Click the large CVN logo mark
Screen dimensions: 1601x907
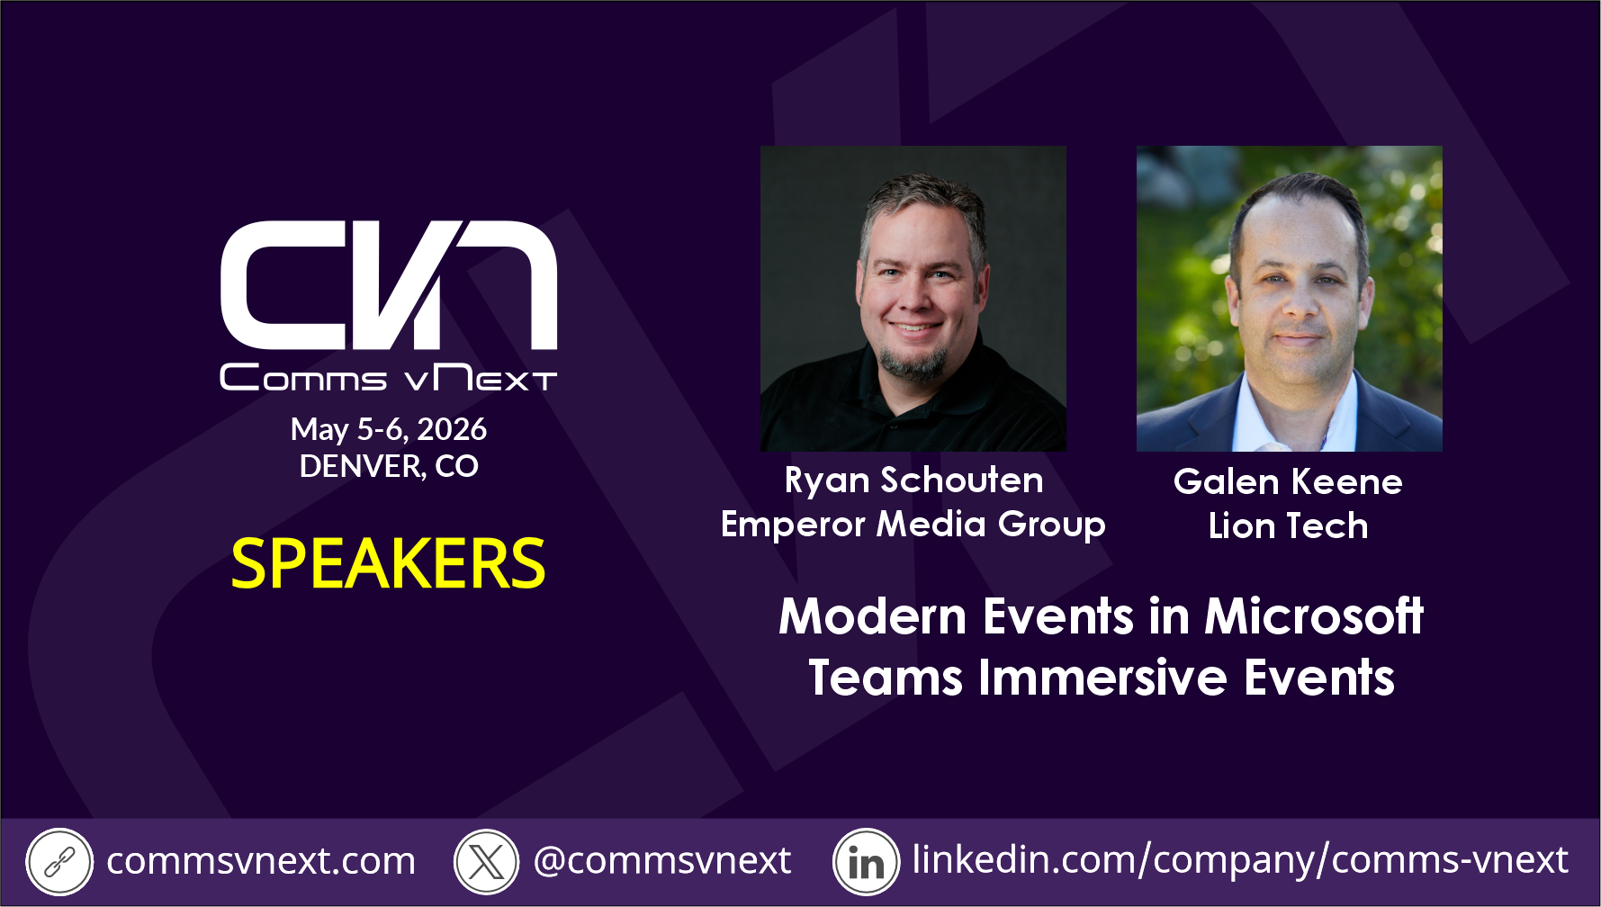click(x=389, y=284)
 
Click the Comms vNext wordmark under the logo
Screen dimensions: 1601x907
click(x=389, y=378)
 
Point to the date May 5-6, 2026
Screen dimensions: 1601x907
click(x=389, y=429)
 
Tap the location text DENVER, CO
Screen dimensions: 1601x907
click(x=389, y=466)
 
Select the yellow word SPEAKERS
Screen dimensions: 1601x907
click(x=388, y=564)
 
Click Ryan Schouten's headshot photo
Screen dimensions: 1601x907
click(x=913, y=299)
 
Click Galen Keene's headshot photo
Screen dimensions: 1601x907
click(x=1290, y=299)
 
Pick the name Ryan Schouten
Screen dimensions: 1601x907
click(x=913, y=480)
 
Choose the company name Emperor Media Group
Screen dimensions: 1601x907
click(x=913, y=525)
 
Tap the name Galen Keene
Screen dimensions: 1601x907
click(x=1288, y=482)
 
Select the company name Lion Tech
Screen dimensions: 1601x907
click(x=1288, y=526)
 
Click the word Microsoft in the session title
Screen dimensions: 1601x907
click(x=1314, y=616)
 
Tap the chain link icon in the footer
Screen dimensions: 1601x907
click(x=59, y=862)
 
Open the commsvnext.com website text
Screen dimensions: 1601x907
click(x=261, y=861)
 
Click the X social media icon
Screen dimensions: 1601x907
click(x=487, y=862)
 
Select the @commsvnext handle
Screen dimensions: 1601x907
click(x=662, y=861)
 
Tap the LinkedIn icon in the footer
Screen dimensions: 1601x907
click(x=866, y=862)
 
